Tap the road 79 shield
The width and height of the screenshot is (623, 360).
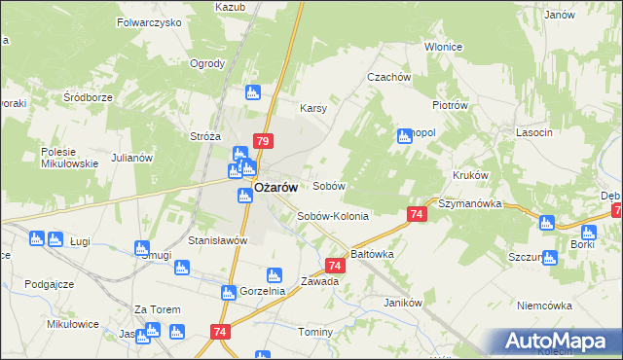click(262, 141)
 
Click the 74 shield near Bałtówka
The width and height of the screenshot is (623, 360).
click(335, 265)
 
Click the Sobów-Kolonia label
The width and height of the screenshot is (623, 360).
click(333, 216)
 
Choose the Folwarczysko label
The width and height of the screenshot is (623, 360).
click(149, 21)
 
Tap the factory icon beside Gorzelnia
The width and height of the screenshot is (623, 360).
click(274, 275)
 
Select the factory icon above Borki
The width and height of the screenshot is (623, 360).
click(588, 233)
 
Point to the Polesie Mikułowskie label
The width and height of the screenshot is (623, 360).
click(70, 158)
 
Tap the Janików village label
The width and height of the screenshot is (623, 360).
click(402, 303)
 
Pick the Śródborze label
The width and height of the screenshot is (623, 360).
click(90, 97)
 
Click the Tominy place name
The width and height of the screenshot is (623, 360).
click(315, 332)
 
